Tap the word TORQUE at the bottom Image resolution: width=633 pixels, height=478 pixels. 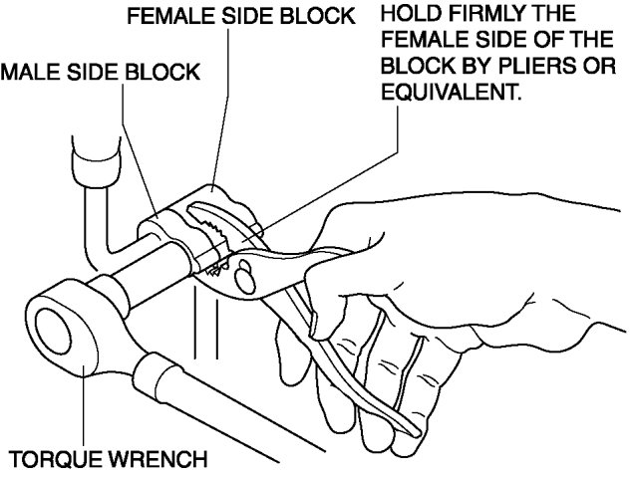click(x=49, y=460)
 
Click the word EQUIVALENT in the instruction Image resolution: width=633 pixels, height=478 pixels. click(x=440, y=99)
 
